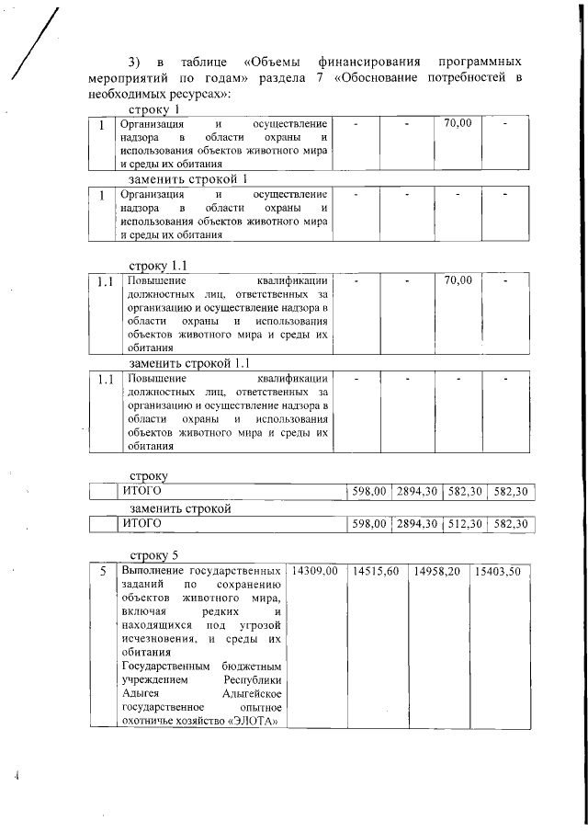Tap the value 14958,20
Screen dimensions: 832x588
[x=436, y=571]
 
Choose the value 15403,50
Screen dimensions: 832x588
[x=497, y=571]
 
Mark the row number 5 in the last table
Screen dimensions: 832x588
[x=103, y=571]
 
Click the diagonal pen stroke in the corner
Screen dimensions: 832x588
[x=32, y=46]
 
